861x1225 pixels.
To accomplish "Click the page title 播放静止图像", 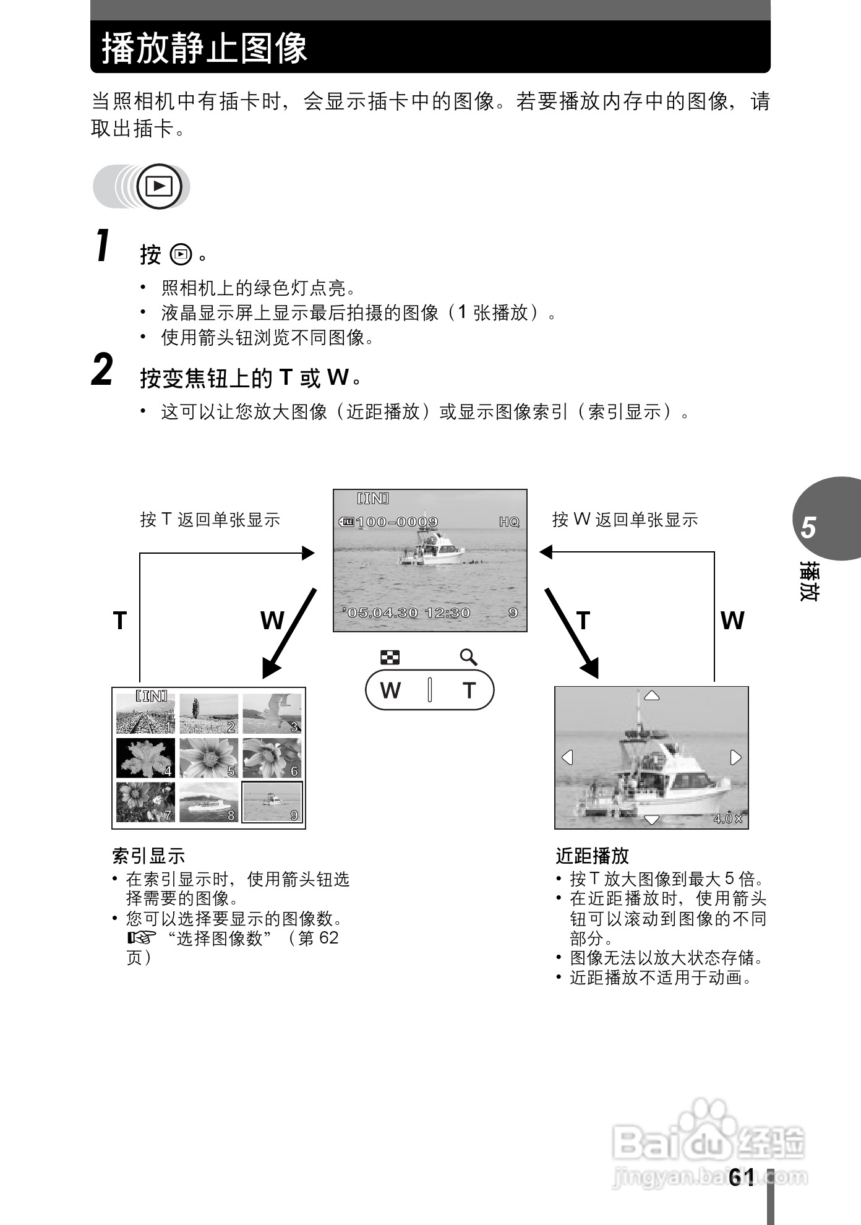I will click(204, 48).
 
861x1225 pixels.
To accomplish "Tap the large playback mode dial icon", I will click(159, 186).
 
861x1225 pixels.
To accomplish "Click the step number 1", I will click(103, 246).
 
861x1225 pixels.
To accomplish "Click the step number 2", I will click(103, 371).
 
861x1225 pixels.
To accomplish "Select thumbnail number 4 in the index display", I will click(146, 758).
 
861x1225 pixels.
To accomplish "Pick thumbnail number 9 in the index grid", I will click(272, 802).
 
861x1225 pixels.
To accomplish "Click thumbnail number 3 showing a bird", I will click(272, 713).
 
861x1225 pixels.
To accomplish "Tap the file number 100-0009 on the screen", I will click(396, 522).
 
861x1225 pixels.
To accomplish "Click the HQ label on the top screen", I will click(509, 522).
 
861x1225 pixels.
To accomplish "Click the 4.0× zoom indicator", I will click(727, 819).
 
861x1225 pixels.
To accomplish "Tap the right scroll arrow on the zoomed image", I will click(735, 757).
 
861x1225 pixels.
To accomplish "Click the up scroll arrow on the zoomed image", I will click(651, 696).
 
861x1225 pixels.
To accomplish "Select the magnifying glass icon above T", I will click(469, 657).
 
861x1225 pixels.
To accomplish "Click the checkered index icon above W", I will click(390, 657).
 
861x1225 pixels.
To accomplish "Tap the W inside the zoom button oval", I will click(390, 690).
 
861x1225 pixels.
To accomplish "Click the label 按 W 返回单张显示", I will click(625, 519).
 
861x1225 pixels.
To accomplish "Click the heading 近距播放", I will click(592, 856).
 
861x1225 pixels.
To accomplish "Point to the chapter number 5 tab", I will click(808, 528).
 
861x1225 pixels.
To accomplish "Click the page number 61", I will click(742, 1177).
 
